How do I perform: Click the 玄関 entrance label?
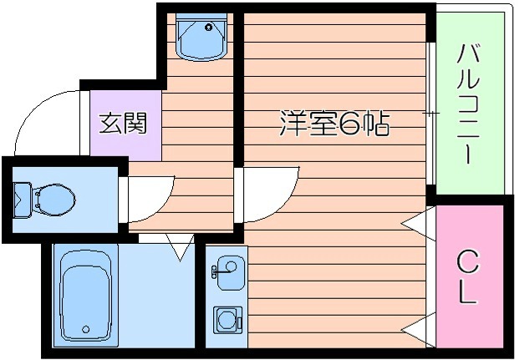124,124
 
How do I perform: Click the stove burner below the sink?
226,318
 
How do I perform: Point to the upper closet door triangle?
419,222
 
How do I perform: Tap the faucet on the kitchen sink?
216,269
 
